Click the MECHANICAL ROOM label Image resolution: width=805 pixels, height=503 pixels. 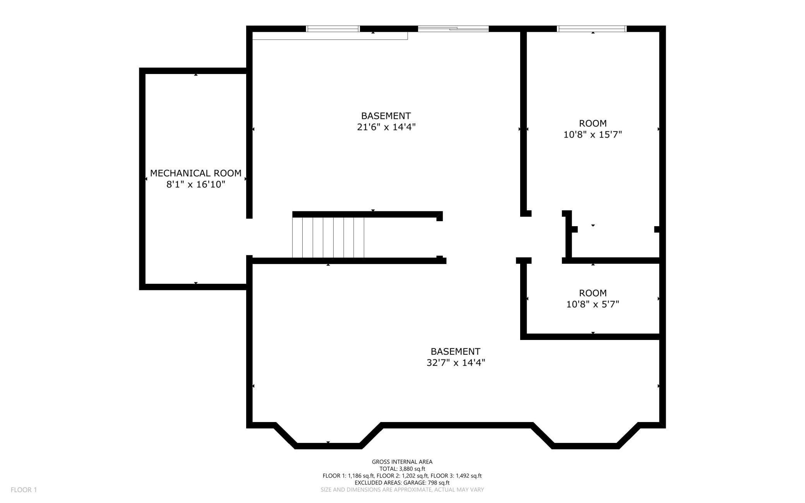195,173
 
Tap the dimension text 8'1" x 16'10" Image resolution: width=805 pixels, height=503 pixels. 196,184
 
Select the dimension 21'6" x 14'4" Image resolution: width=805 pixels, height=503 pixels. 386,127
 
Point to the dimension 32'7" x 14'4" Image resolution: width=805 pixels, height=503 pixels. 456,363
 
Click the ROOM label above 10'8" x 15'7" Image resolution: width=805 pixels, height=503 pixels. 593,124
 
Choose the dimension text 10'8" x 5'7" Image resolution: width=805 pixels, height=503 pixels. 593,304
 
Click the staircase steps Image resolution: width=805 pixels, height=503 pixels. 328,237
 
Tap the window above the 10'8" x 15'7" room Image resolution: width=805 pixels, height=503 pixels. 591,29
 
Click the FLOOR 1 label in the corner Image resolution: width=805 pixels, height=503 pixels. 24,490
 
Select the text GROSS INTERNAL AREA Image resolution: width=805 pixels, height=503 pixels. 402,462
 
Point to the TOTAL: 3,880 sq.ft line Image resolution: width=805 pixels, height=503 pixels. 402,469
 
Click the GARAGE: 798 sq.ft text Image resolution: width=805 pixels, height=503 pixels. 426,483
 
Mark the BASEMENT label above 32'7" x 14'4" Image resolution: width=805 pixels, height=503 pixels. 456,352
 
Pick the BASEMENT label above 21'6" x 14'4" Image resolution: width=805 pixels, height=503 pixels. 386,116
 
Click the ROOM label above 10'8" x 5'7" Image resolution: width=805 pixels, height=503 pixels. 593,293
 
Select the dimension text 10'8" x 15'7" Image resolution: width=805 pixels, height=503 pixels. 593,135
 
